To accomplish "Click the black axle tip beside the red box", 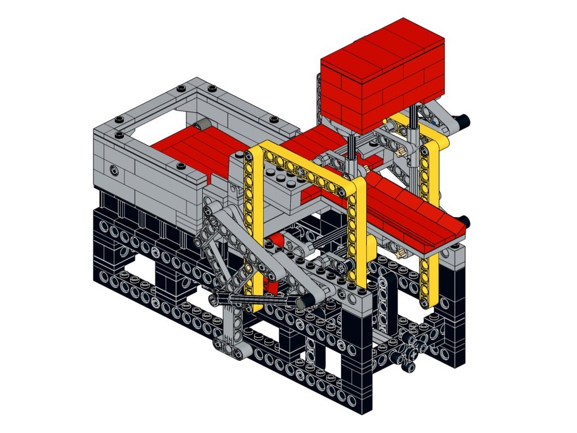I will tap(463, 120).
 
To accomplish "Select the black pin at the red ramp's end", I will tap(466, 221).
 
